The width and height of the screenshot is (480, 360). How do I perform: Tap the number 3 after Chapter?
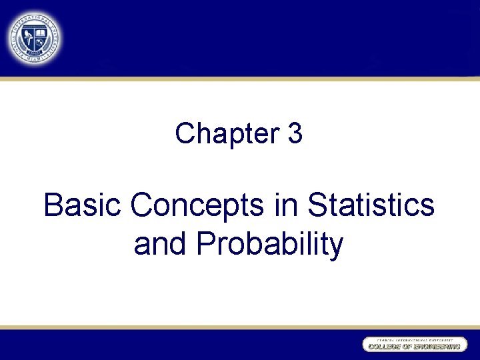click(x=295, y=134)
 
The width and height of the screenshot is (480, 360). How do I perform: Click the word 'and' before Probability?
click(x=161, y=244)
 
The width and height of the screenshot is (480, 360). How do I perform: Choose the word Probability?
click(x=270, y=245)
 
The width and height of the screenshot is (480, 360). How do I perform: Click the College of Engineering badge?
click(x=413, y=345)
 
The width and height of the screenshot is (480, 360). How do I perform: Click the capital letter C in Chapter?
click(x=185, y=134)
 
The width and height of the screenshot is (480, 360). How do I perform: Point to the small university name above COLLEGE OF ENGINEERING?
click(x=413, y=339)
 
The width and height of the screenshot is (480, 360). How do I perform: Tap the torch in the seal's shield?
click(x=29, y=41)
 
